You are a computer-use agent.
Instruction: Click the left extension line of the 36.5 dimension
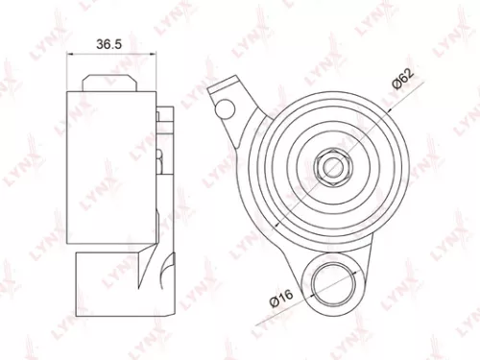point(66,72)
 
